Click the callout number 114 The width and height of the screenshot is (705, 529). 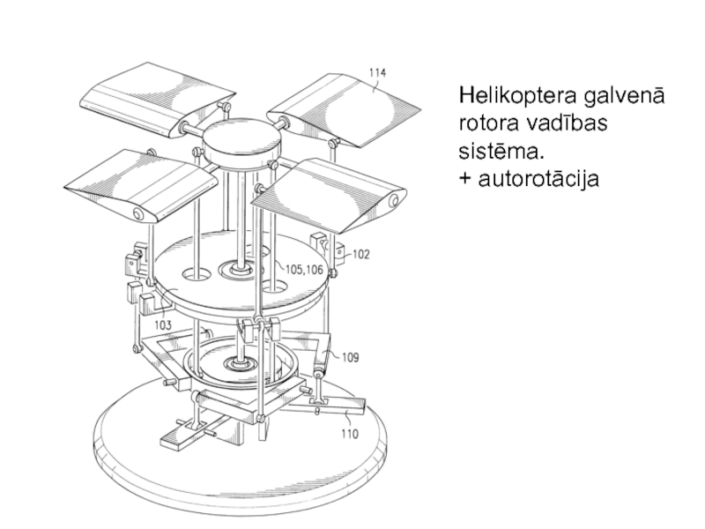377,73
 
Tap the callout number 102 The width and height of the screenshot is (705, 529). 360,255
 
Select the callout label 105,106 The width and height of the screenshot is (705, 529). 304,270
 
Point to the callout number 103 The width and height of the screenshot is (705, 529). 163,324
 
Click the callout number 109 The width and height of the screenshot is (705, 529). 351,358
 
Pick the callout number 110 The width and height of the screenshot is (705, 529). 350,434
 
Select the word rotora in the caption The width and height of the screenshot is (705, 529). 488,123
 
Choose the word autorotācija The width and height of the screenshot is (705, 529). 538,178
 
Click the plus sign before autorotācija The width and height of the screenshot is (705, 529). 465,179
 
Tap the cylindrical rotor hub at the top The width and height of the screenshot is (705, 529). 241,143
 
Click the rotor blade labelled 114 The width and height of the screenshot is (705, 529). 344,111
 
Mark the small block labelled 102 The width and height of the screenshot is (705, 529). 339,253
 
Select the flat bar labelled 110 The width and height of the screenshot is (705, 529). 328,406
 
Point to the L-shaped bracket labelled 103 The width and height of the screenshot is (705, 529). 155,305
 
